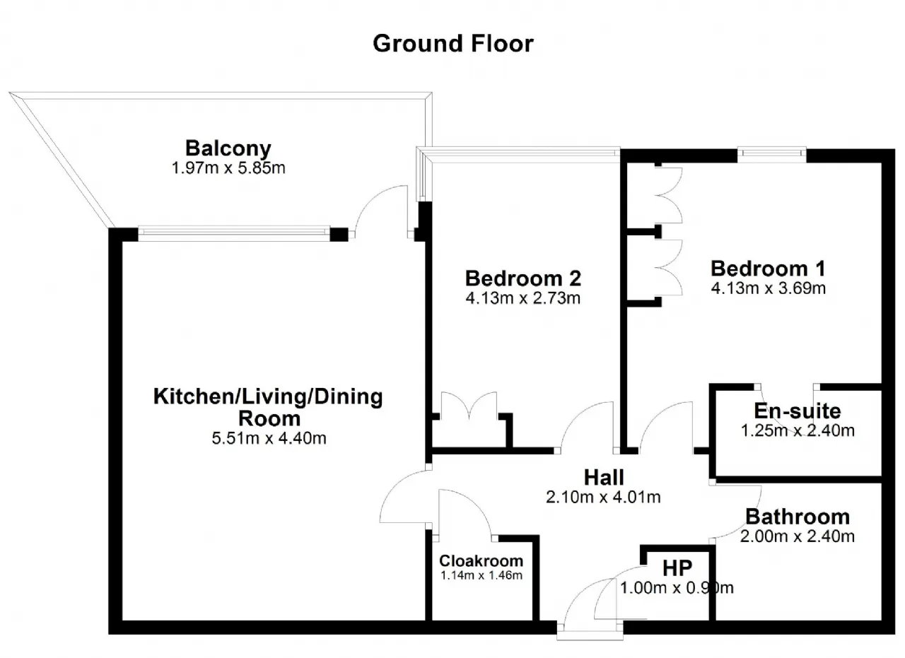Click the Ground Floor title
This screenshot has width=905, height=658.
453,44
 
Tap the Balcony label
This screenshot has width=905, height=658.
228,148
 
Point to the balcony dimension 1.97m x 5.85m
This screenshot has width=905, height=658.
228,168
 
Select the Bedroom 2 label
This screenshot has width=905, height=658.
522,278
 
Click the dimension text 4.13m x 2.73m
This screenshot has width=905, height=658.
522,298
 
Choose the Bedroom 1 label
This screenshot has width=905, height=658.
768,269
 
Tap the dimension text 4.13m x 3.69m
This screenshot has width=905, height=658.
768,288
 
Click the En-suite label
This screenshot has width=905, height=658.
798,411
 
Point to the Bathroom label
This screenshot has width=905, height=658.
798,517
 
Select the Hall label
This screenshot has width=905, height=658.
604,477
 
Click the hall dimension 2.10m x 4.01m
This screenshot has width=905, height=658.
603,497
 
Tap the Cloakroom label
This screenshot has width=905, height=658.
481,560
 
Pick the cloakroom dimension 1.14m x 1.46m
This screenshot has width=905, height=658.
481,575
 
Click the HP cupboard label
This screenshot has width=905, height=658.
677,568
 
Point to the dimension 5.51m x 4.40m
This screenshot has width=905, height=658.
269,438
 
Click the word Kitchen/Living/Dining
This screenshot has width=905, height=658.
268,396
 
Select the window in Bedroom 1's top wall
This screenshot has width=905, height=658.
772,153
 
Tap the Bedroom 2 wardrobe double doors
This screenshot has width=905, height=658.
469,406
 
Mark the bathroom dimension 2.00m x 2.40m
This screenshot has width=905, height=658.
798,536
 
